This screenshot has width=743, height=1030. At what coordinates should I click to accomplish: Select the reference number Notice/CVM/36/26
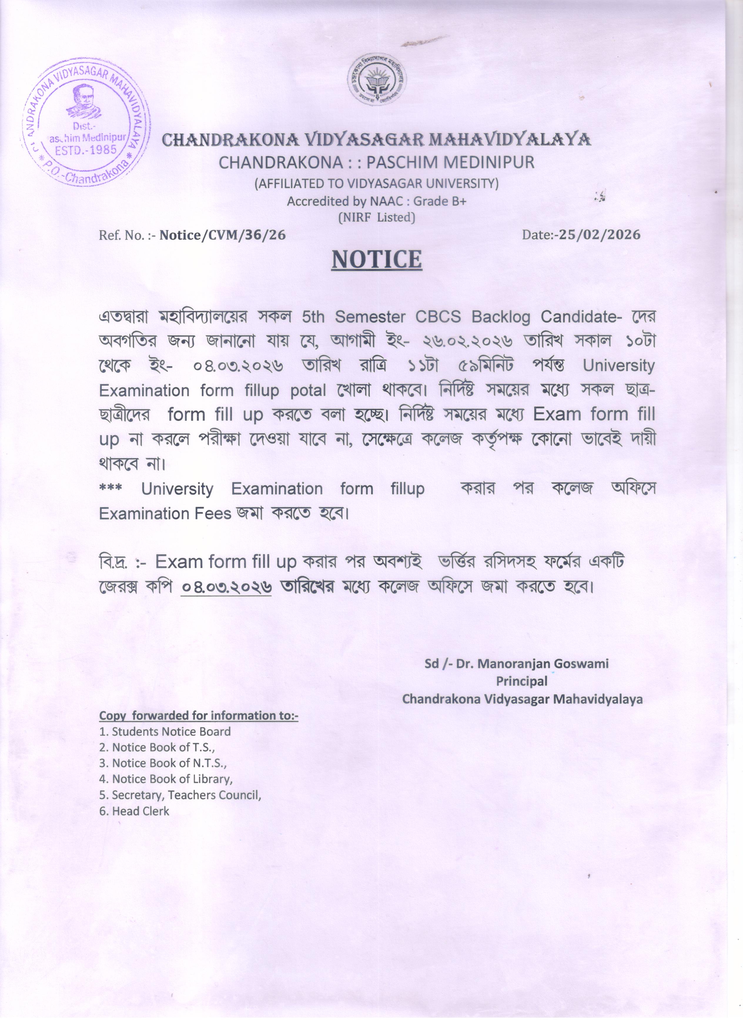click(x=223, y=235)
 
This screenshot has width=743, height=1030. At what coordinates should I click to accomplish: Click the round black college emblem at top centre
click(x=377, y=81)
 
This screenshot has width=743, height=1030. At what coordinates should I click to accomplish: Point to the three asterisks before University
click(x=111, y=488)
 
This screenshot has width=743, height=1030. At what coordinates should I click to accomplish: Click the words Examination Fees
click(x=165, y=514)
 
